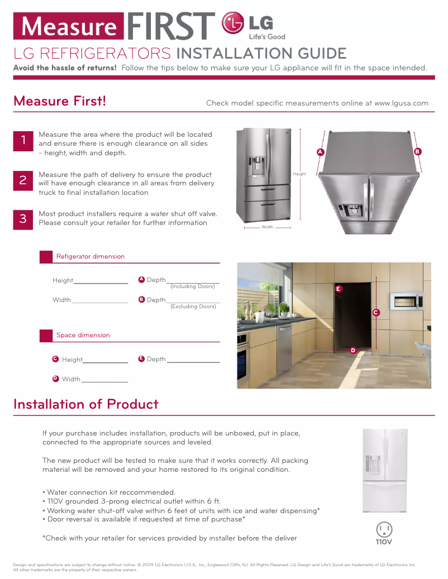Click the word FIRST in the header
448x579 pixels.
tap(171, 26)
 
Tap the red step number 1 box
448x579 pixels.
tap(23, 141)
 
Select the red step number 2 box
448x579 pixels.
tap(23, 180)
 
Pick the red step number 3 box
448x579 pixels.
tap(23, 219)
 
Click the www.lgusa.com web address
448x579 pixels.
tap(401, 103)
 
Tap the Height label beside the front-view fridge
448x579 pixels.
tap(299, 174)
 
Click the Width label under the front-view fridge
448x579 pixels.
tap(268, 227)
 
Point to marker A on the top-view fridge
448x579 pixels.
tap(320, 152)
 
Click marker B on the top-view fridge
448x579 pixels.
tap(417, 152)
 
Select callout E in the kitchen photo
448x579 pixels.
tap(338, 289)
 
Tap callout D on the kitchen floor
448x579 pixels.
tap(352, 350)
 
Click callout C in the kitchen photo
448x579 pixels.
tap(376, 313)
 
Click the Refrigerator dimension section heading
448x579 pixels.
tap(90, 257)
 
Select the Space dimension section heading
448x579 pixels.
tap(83, 336)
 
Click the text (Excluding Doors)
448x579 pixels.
tap(193, 307)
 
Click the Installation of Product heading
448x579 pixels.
tap(86, 404)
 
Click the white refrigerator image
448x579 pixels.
tap(385, 471)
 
